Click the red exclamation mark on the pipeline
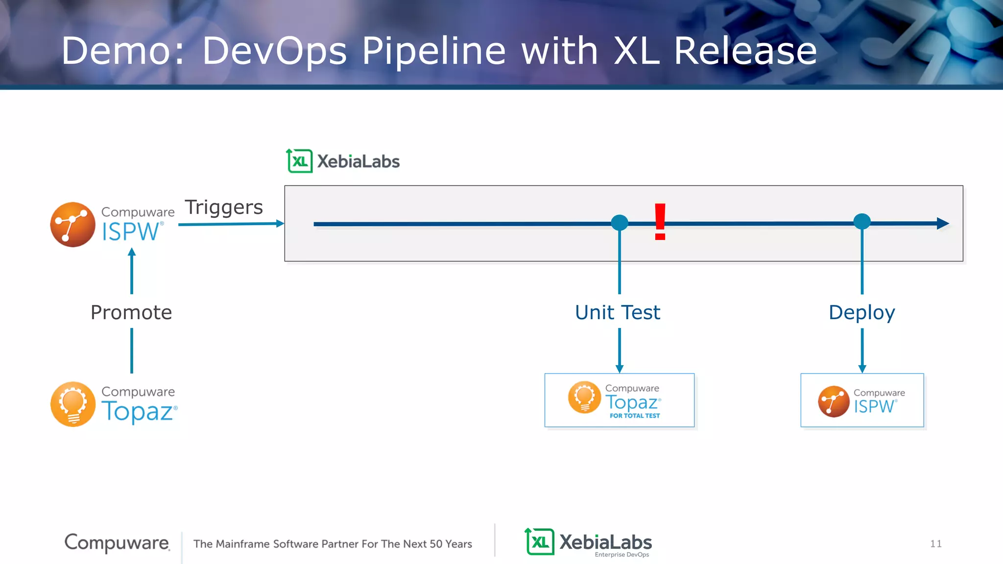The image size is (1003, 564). pyautogui.click(x=660, y=222)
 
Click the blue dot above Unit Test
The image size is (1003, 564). pyautogui.click(x=620, y=223)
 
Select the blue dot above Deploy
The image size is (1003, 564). pyautogui.click(x=862, y=221)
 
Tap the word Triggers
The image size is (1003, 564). pyautogui.click(x=224, y=207)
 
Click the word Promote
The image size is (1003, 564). pyautogui.click(x=131, y=312)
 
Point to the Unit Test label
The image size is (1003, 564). pyautogui.click(x=618, y=312)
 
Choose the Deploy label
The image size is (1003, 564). pyautogui.click(x=862, y=312)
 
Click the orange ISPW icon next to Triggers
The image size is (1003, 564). pyautogui.click(x=73, y=225)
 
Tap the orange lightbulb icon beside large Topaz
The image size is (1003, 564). pyautogui.click(x=73, y=404)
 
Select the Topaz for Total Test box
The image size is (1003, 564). pyautogui.click(x=620, y=400)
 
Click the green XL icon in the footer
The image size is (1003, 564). pyautogui.click(x=540, y=542)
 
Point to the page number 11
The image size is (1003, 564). pyautogui.click(x=936, y=544)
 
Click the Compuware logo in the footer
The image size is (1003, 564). pyautogui.click(x=117, y=542)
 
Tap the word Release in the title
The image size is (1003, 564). pyautogui.click(x=745, y=50)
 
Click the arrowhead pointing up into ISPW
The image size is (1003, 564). pyautogui.click(x=132, y=253)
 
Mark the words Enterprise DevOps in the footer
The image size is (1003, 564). pyautogui.click(x=622, y=555)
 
